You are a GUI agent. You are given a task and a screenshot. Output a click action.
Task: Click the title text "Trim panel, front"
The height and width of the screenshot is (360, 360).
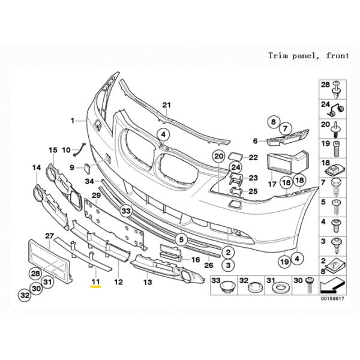(308, 56)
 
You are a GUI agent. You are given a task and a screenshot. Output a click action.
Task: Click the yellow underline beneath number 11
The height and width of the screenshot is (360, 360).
(96, 286)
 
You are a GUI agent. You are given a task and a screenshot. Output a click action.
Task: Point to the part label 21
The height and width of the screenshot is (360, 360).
(167, 105)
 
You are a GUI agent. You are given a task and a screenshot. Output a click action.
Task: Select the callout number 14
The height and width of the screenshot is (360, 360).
(37, 168)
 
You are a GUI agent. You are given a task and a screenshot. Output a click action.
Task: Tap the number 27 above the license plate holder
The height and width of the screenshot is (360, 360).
(49, 236)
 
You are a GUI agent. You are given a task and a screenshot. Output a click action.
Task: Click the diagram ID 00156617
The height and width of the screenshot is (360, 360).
(332, 298)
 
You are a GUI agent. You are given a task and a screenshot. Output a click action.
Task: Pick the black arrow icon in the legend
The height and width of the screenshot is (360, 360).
(332, 286)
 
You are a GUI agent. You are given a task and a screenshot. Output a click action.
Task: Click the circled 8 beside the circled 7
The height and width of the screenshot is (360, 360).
(273, 122)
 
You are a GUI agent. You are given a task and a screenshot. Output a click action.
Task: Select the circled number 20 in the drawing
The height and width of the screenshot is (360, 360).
(218, 157)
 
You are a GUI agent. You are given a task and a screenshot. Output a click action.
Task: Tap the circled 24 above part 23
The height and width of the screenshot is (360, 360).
(236, 167)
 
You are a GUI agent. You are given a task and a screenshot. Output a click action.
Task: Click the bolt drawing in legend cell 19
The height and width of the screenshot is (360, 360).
(337, 149)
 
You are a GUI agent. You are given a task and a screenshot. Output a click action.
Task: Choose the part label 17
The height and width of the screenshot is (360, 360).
(272, 184)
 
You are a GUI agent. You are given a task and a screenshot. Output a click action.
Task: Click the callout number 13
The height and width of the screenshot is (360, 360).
(148, 282)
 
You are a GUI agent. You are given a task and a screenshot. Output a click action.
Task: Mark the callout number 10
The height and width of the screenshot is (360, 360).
(66, 150)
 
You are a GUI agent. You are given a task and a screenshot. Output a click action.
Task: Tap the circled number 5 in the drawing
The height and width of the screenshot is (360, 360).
(181, 239)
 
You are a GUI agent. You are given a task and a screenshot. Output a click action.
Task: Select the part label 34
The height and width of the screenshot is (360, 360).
(89, 181)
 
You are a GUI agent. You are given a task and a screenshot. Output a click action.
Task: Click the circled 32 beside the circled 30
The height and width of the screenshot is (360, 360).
(25, 295)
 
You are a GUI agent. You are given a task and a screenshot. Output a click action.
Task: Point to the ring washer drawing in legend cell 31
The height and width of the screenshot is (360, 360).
(280, 287)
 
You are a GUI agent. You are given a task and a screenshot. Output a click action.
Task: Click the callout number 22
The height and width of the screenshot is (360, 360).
(253, 157)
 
